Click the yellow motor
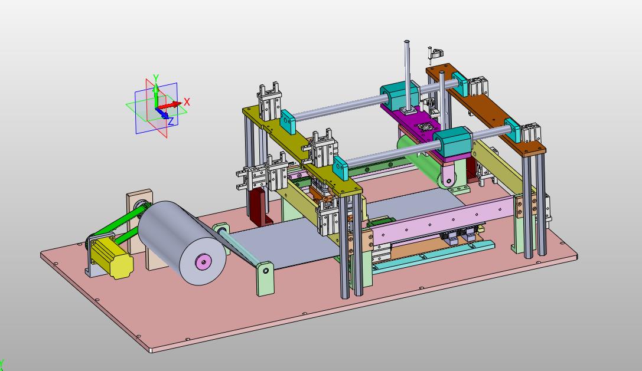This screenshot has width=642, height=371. click(111, 257)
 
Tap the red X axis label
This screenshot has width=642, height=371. click(187, 102)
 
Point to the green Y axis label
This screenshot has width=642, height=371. click(155, 78)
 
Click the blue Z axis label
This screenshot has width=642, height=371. click(171, 121)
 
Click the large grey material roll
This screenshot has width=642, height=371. click(181, 242)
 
